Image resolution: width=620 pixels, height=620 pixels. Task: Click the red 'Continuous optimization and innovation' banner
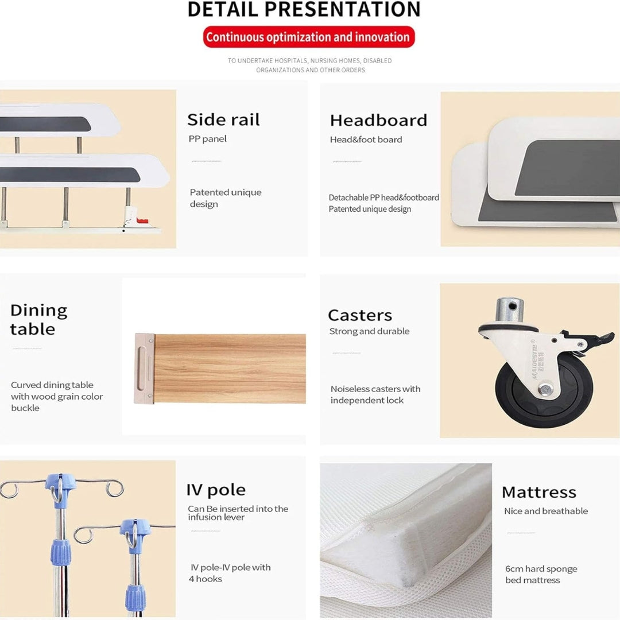(309, 37)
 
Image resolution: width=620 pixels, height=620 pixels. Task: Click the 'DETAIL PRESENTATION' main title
(304, 10)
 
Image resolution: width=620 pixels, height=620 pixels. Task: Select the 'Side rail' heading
(223, 120)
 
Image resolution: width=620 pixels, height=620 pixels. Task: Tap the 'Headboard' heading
(378, 121)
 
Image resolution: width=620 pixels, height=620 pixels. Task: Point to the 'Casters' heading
(360, 316)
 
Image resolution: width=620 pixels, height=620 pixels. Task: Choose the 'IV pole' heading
(216, 490)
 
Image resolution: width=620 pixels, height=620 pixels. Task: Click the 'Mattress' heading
(539, 493)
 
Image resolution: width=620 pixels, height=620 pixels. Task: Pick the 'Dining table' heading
(39, 320)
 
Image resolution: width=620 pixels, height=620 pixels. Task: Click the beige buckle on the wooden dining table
(144, 369)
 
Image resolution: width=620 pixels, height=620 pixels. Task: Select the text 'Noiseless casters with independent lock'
(375, 394)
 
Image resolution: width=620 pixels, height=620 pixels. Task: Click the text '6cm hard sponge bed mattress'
(541, 574)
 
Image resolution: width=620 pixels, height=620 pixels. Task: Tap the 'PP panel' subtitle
(208, 139)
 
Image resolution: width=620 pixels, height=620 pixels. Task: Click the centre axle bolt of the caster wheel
(546, 390)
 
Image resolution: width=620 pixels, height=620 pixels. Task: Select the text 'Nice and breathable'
(546, 511)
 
